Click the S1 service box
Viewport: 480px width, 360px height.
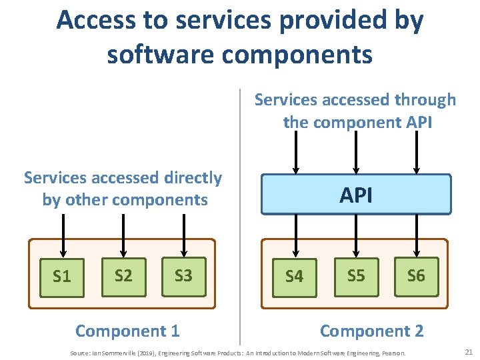pos(62,277)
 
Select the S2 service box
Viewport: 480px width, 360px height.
pos(123,276)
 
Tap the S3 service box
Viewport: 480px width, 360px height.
pos(183,276)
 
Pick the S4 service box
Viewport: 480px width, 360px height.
pos(294,277)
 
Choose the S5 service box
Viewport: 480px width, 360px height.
pos(356,276)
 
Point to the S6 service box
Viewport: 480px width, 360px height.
pos(416,276)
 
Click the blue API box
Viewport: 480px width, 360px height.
pos(356,195)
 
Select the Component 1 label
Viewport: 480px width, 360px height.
pos(127,331)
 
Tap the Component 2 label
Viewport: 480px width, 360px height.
pos(371,331)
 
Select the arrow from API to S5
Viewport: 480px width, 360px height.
pos(356,237)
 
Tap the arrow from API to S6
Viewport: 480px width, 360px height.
pos(416,237)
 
